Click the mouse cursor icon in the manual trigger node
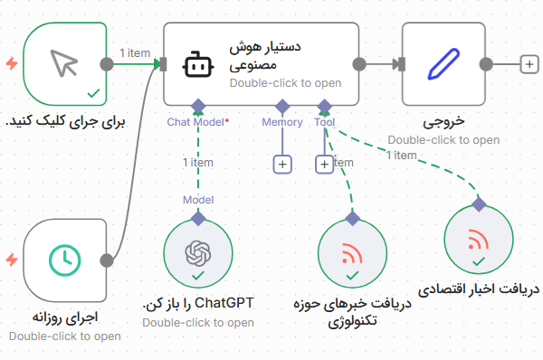point(63,62)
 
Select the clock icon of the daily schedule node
point(63,260)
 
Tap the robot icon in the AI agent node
point(197,65)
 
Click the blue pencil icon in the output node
point(443,63)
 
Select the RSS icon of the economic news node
point(478,241)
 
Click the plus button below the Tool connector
point(324,164)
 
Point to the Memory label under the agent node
point(282,121)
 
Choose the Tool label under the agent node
point(324,121)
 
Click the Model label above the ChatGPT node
point(198,199)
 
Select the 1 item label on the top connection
point(136,52)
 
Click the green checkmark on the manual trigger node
point(92,93)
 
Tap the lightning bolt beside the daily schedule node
point(11,260)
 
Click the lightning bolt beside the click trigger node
point(11,63)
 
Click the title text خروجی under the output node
point(443,122)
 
